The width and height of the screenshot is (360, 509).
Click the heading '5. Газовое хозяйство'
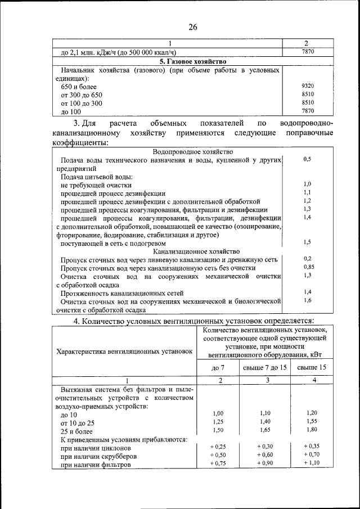coord(192,61)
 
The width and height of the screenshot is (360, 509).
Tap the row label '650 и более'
coord(78,87)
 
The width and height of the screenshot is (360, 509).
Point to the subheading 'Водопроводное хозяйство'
coord(193,152)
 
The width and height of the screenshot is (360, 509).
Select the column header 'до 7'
coord(218,368)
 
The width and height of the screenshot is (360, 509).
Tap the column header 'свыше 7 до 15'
coord(265,368)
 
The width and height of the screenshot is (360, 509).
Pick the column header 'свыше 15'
coord(312,368)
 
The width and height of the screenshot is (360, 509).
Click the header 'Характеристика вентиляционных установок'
coord(124,352)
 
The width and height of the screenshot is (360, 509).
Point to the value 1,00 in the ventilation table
coord(218,413)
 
